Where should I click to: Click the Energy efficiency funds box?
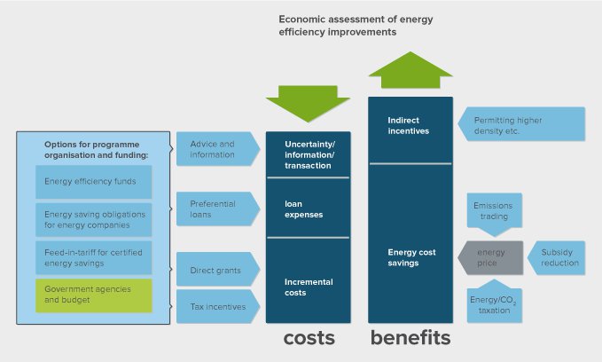[x=93, y=182]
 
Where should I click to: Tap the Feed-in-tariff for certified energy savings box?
[x=93, y=257]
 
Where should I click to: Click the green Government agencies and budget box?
[x=93, y=295]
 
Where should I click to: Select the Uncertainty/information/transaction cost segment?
[x=308, y=154]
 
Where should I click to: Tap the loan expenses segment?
[x=308, y=209]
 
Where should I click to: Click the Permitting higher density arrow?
[x=523, y=125]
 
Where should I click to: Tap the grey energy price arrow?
[x=491, y=257]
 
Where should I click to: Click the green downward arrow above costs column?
[x=308, y=102]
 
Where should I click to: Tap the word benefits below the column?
[x=410, y=338]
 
